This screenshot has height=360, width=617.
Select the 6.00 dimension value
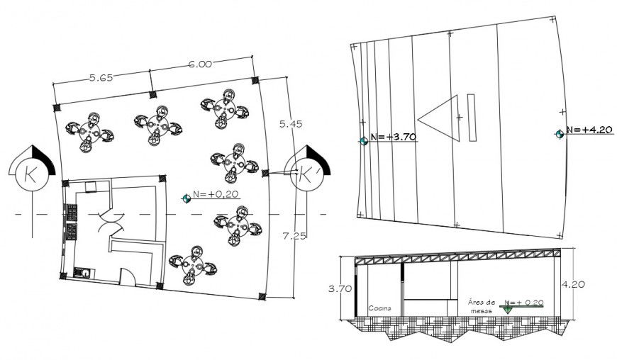point(199,64)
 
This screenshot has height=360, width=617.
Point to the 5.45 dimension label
point(291,124)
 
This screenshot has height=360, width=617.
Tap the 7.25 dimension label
point(293,236)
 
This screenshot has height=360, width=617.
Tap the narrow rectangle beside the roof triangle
point(472,116)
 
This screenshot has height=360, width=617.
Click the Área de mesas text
point(481,305)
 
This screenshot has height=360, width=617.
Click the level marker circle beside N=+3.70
point(364,141)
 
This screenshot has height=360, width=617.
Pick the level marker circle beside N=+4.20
point(560,133)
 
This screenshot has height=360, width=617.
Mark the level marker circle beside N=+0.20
point(186,199)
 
